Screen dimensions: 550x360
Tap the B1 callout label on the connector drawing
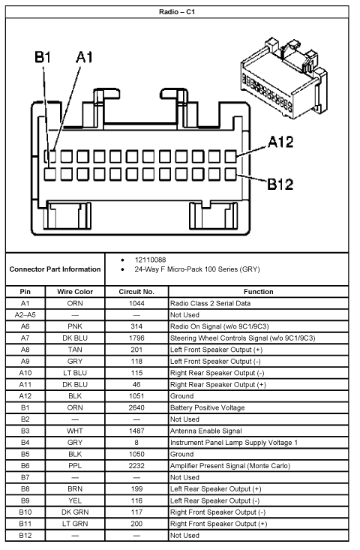tap(43, 57)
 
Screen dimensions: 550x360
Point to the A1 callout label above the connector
tap(84, 57)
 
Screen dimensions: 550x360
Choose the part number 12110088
tap(151, 259)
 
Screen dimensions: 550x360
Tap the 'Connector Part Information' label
tap(55, 269)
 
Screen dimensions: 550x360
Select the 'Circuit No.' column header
tap(136, 291)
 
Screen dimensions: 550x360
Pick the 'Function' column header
tap(258, 291)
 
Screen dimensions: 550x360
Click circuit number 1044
tap(136, 303)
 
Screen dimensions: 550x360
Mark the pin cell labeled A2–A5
tap(25, 315)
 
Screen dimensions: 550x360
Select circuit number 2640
tap(136, 407)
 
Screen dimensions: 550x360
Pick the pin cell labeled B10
tap(25, 512)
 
